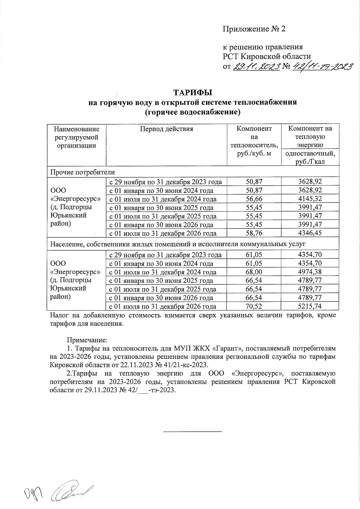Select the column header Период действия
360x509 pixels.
coord(166,129)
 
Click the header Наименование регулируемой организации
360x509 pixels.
coord(76,137)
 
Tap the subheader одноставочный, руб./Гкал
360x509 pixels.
coord(310,157)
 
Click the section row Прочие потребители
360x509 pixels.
coord(83,172)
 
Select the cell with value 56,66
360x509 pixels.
coord(254,199)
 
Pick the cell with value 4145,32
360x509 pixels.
coord(310,199)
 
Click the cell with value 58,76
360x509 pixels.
coord(254,233)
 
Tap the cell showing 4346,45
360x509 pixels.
coord(310,233)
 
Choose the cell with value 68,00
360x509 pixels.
coord(254,272)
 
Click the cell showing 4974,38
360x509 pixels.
coord(310,272)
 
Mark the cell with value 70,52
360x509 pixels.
coord(254,307)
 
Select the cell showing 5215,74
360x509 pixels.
coord(310,307)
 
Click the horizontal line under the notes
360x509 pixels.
coord(192,432)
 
